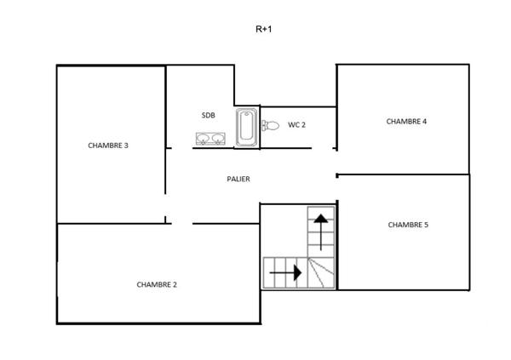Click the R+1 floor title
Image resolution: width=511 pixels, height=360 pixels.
pyautogui.click(x=264, y=29)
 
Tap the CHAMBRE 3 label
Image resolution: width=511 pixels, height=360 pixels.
pyautogui.click(x=108, y=146)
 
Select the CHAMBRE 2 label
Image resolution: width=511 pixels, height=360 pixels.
pyautogui.click(x=157, y=285)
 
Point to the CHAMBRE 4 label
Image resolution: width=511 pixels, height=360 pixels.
pyautogui.click(x=406, y=122)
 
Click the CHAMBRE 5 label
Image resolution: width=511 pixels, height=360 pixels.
pyautogui.click(x=408, y=226)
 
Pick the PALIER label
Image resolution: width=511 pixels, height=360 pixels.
pyautogui.click(x=238, y=180)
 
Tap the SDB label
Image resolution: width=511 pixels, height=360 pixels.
pyautogui.click(x=209, y=115)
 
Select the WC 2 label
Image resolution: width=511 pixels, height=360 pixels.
pyautogui.click(x=296, y=125)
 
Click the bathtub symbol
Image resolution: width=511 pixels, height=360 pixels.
pyautogui.click(x=247, y=127)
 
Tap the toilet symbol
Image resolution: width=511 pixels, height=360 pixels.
pyautogui.click(x=270, y=126)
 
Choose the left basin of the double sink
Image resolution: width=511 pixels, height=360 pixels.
pyautogui.click(x=204, y=139)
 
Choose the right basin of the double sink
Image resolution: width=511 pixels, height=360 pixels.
pyautogui.click(x=218, y=139)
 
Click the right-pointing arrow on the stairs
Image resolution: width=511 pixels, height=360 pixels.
pyautogui.click(x=285, y=273)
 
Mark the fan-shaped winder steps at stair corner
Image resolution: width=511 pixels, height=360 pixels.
pyautogui.click(x=322, y=273)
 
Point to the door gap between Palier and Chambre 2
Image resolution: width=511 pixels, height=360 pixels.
pyautogui.click(x=181, y=224)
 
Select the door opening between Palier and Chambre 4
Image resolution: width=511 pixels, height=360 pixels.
pyautogui.click(x=336, y=162)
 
